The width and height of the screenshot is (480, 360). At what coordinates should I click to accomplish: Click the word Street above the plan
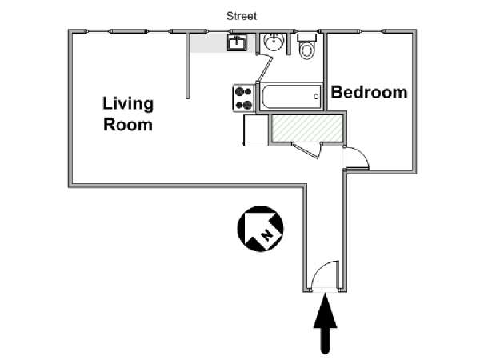point(242,16)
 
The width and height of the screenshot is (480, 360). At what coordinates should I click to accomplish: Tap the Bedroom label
point(369,92)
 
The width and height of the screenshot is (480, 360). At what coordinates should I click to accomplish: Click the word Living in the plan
point(128,105)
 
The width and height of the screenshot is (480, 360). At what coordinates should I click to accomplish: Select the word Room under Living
point(128,125)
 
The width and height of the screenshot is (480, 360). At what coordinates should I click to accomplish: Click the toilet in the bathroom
point(306,46)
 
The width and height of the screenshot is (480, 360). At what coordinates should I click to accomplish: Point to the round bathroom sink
point(274,42)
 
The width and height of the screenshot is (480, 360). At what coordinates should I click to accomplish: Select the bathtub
point(290,97)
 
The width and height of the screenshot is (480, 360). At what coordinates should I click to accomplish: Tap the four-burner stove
point(244,98)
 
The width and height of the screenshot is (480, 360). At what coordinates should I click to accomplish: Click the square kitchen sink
point(238,42)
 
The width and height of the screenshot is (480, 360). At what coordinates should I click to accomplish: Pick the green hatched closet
point(307,129)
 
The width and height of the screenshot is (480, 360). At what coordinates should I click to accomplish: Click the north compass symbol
point(260,229)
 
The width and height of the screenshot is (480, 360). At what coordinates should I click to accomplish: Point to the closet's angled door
point(306,150)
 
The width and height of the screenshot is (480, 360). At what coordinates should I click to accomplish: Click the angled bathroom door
point(265,68)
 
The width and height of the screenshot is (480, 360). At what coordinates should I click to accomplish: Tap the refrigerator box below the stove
point(256,130)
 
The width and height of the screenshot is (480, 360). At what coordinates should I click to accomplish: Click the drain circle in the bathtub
point(316,97)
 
